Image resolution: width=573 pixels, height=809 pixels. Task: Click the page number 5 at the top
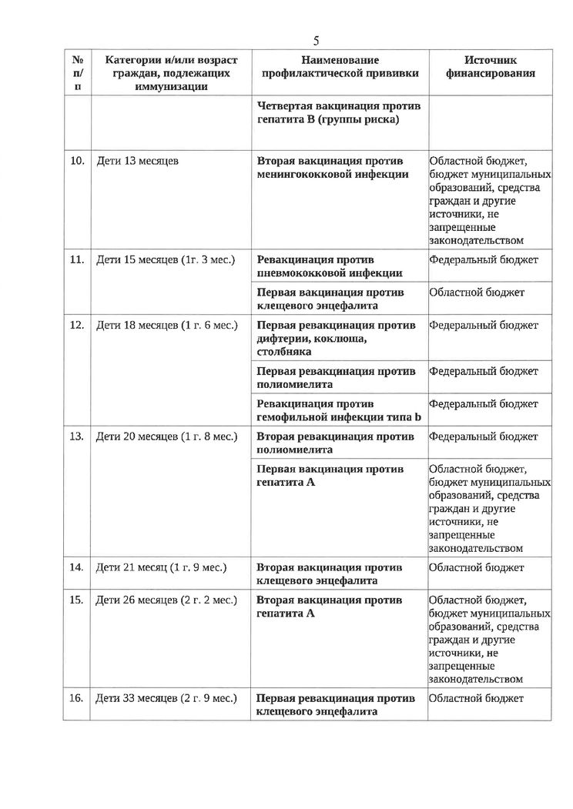[x=316, y=41]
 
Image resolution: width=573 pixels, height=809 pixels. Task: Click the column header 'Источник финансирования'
[x=491, y=66]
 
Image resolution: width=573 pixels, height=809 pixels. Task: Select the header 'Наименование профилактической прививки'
[x=340, y=66]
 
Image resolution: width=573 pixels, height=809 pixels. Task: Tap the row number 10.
[x=76, y=162]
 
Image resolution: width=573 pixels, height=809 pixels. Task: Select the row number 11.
[x=76, y=259]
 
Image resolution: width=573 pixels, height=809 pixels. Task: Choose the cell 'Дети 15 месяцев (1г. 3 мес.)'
[x=165, y=259]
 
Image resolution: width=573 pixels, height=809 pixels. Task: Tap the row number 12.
[x=76, y=325]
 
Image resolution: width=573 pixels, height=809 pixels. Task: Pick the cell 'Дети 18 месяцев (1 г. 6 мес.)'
[x=166, y=325]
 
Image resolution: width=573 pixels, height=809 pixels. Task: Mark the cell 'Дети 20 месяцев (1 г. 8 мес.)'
[x=166, y=436]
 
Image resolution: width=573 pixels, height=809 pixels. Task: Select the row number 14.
[x=76, y=567]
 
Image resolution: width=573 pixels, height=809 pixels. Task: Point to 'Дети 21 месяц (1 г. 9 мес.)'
[x=161, y=567]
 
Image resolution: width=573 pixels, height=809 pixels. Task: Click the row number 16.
[x=76, y=698]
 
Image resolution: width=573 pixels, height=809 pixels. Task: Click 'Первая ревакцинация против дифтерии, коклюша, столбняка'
[x=335, y=338]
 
